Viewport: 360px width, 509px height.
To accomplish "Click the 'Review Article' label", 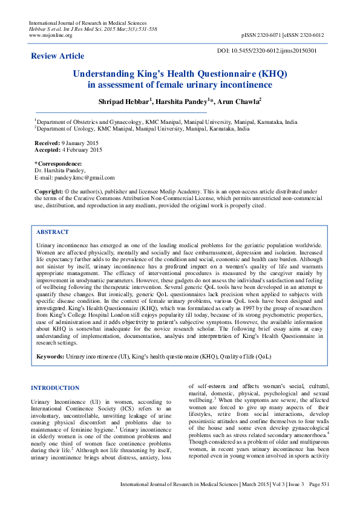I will [57, 56].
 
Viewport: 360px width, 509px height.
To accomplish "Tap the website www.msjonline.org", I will [51, 36].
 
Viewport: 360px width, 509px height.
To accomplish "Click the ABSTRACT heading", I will [53, 232].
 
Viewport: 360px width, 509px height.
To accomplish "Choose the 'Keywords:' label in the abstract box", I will [50, 357].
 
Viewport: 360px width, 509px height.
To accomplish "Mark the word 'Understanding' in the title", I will [103, 74].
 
